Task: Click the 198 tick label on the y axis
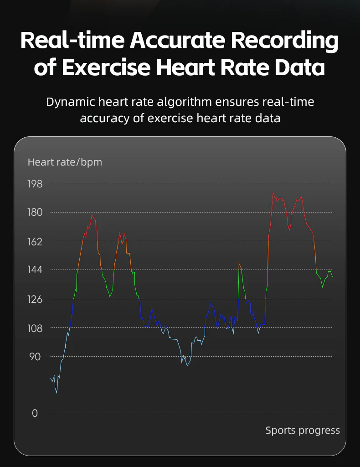[35, 184]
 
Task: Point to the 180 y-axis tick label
[35, 213]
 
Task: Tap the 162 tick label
[35, 242]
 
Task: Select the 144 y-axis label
[35, 270]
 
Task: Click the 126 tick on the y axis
[35, 299]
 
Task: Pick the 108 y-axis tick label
[35, 328]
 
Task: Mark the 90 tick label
[35, 357]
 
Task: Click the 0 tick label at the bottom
[35, 413]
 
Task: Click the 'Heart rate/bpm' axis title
[65, 162]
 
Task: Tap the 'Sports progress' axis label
[303, 431]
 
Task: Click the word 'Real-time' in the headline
[72, 40]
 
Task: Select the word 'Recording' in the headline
[285, 41]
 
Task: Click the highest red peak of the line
[273, 193]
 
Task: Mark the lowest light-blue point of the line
[57, 393]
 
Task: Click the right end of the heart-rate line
[332, 277]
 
